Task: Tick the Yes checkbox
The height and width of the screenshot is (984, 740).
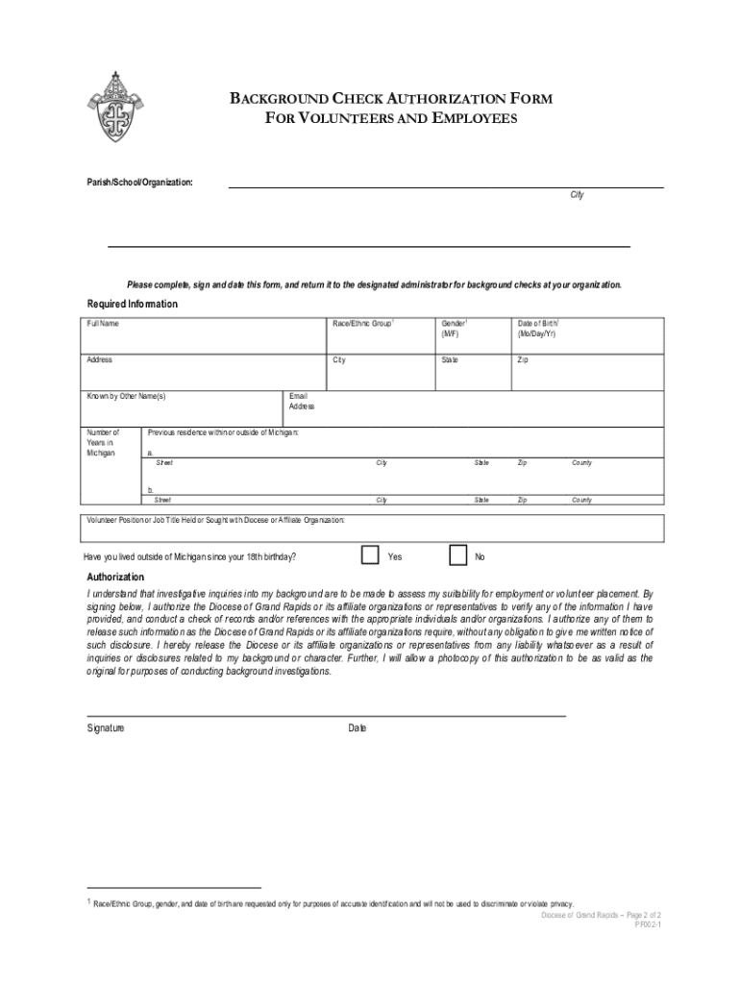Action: coord(370,555)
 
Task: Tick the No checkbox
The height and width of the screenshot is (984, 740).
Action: coord(459,555)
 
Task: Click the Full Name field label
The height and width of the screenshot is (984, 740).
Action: coord(103,324)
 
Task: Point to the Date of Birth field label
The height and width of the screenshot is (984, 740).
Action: coord(539,329)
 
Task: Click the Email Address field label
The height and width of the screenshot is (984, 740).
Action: coord(301,401)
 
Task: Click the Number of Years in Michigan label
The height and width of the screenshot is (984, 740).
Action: coord(102,442)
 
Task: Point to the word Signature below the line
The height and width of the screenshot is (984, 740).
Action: coord(106,728)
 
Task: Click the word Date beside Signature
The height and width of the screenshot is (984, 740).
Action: coord(358,728)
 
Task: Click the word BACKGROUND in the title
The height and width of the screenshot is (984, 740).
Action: coord(277,99)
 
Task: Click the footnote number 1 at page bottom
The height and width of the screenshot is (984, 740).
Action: coord(89,902)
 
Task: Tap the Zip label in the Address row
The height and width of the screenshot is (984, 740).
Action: coord(522,360)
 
